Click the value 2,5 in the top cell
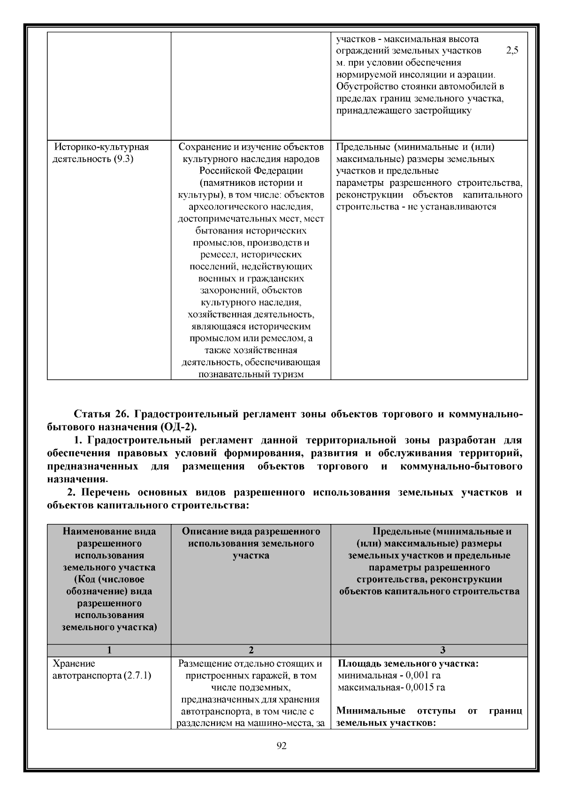[x=512, y=51]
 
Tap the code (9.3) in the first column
[x=123, y=159]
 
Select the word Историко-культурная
[x=102, y=147]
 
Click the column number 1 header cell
[x=109, y=650]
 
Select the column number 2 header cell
[x=251, y=650]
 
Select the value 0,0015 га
[x=426, y=688]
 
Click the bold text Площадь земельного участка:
[x=408, y=664]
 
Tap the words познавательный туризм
[x=251, y=374]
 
